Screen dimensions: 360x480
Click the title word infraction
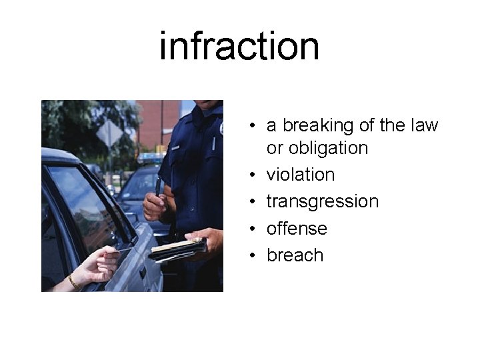239,46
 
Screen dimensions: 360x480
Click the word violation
300,175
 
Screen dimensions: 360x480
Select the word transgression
322,201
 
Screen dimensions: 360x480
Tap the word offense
297,228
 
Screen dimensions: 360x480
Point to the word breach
295,255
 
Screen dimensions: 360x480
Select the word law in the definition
425,125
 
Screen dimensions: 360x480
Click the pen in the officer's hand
159,188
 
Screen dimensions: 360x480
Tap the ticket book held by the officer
177,249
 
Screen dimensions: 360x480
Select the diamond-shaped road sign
109,133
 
